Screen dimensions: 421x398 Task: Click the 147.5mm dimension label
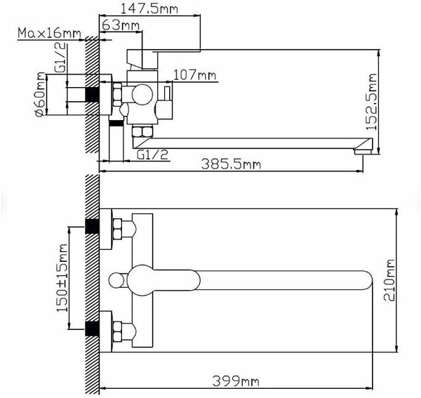point(149,8)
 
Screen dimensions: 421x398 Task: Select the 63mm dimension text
point(121,25)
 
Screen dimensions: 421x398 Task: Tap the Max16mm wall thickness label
point(49,33)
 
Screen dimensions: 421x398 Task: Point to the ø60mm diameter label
point(40,94)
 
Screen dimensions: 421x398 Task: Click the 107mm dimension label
point(194,75)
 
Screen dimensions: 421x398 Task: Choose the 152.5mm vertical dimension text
point(372,102)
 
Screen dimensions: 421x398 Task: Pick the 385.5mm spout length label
point(231,164)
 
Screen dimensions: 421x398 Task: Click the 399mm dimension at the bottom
point(236,381)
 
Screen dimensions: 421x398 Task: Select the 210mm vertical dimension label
point(389,280)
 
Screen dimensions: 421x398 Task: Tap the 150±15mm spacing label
point(62,278)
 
